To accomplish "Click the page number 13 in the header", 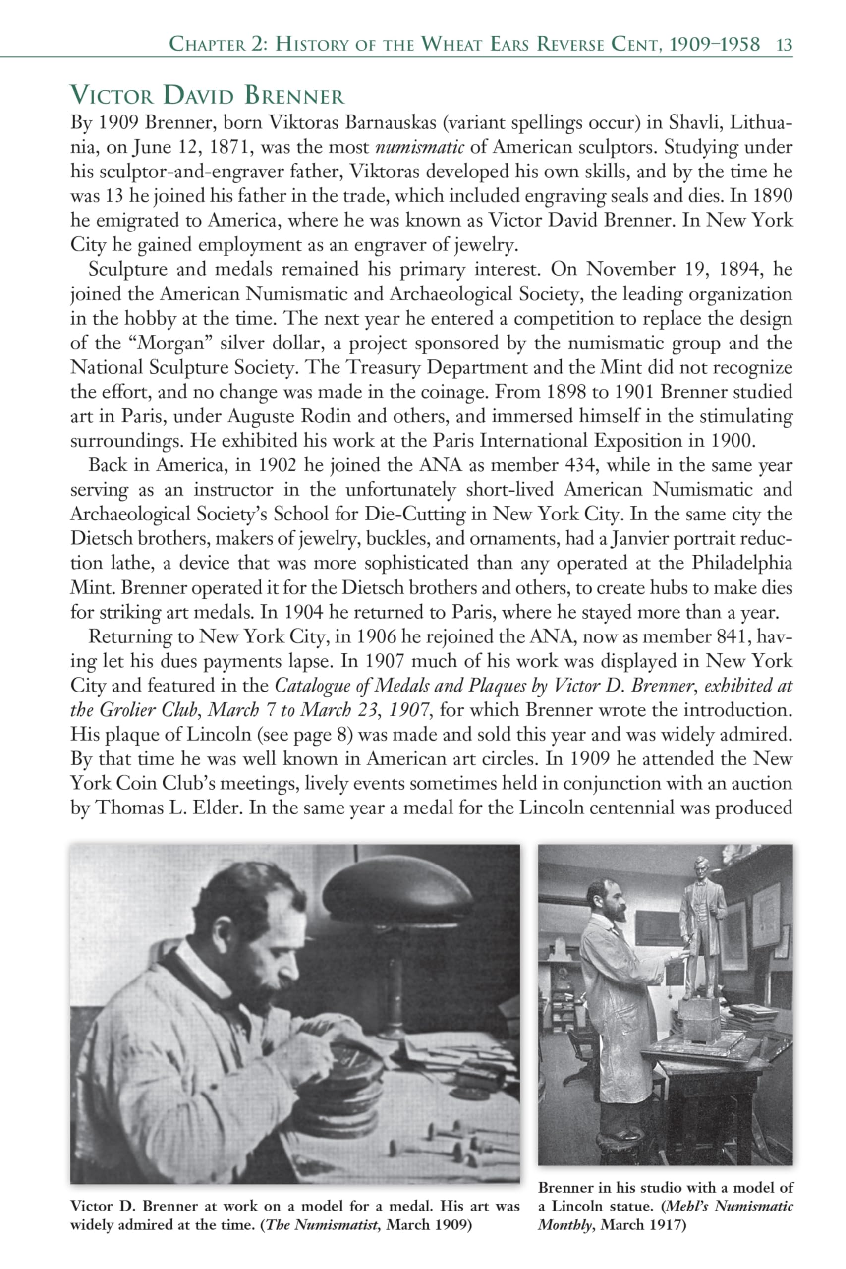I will coord(784,45).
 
